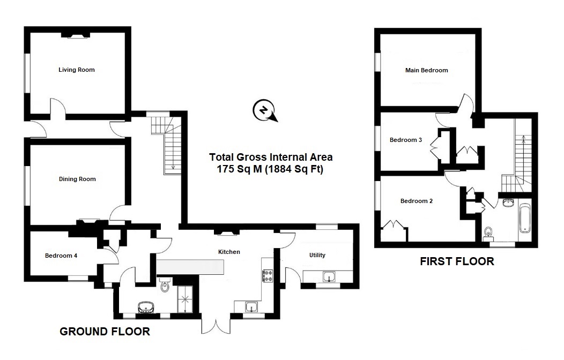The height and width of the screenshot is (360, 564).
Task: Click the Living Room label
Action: [x=77, y=70]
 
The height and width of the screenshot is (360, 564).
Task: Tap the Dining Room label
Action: [x=77, y=179]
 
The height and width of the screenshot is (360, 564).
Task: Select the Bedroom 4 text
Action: [x=61, y=256]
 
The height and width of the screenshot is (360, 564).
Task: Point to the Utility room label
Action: [x=317, y=255]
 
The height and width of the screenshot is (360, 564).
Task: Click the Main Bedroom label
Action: [x=426, y=70]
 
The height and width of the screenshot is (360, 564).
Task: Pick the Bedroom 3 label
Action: [x=405, y=140]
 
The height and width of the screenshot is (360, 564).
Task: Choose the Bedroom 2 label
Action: [x=416, y=201]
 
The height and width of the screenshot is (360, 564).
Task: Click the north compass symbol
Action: [x=263, y=110]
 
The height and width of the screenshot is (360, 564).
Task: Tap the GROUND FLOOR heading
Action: [x=105, y=332]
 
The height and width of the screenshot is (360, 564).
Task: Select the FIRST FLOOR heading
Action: [x=456, y=262]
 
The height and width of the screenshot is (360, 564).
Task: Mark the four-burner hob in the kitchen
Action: [x=268, y=275]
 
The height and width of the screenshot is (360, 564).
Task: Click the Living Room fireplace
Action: [x=75, y=35]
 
